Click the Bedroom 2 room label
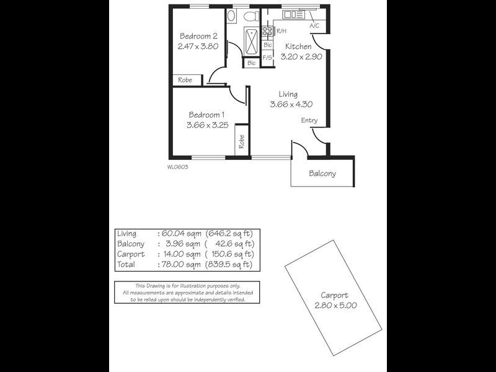198,36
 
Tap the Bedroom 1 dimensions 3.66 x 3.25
208,125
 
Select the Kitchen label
298,46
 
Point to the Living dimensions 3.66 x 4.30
291,104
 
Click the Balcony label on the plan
322,174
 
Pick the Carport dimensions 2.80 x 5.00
335,305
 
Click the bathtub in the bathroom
252,41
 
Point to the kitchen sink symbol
293,14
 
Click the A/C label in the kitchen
314,25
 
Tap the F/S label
267,58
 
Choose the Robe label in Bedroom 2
185,80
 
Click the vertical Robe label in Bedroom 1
242,141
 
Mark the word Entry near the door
309,120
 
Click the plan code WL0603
177,167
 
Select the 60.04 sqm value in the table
181,234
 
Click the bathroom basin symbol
231,15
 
